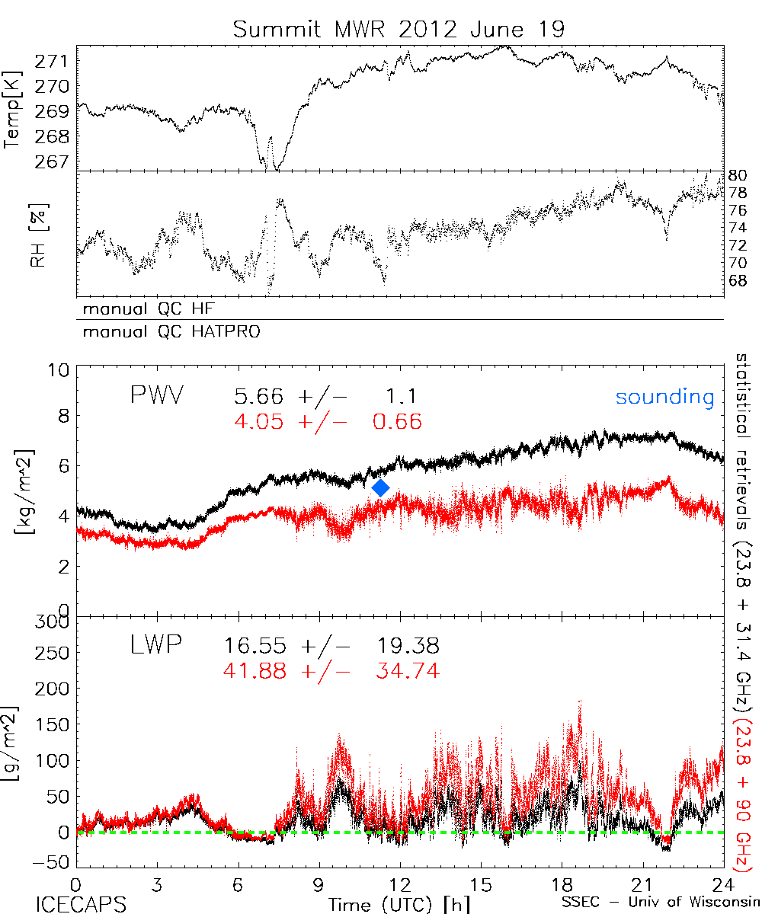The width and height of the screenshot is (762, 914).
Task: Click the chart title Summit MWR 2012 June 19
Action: pyautogui.click(x=399, y=30)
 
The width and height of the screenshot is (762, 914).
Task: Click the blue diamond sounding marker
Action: pyautogui.click(x=381, y=487)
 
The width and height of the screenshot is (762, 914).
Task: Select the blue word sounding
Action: pyautogui.click(x=664, y=397)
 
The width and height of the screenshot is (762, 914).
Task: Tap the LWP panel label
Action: pyautogui.click(x=155, y=646)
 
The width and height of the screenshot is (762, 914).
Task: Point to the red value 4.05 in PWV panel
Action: pyautogui.click(x=260, y=421)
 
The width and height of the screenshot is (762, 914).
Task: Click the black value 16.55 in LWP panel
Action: pyautogui.click(x=255, y=647)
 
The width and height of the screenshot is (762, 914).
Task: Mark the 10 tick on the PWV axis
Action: pyautogui.click(x=61, y=370)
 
